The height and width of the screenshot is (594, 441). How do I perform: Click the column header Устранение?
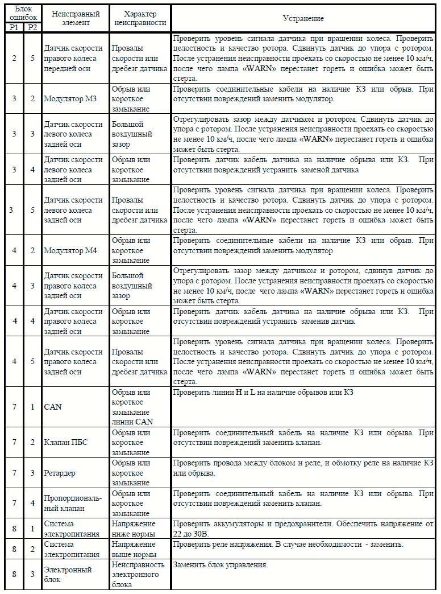[x=303, y=18]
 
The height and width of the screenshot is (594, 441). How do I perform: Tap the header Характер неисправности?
[x=140, y=18]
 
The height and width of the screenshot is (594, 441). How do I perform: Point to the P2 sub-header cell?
[x=32, y=28]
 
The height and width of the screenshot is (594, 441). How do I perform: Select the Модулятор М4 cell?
[x=70, y=250]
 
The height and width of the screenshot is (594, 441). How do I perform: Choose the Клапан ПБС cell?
[x=66, y=443]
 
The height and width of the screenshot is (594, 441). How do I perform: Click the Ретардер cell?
[x=60, y=473]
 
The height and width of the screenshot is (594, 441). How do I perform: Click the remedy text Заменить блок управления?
[x=220, y=566]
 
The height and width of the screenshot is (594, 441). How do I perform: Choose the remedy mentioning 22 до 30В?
[x=303, y=528]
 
